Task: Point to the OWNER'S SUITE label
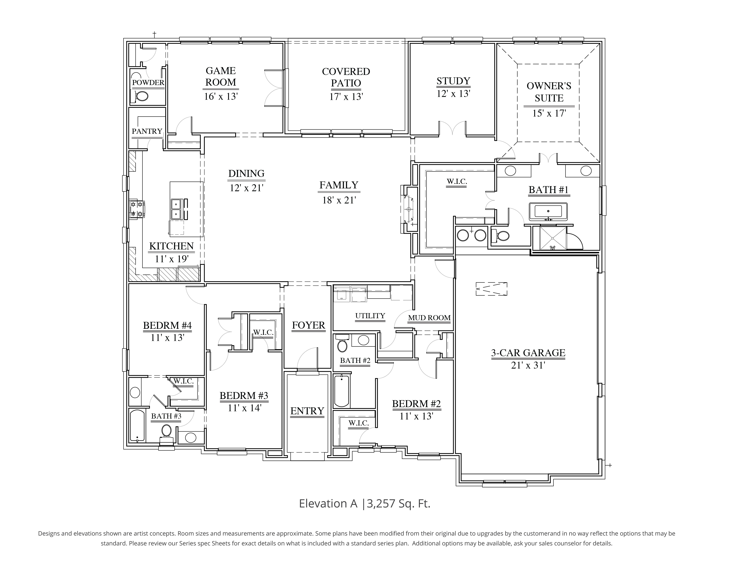click(x=549, y=92)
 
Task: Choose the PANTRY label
click(x=147, y=131)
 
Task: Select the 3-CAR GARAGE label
click(x=528, y=353)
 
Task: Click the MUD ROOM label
click(x=429, y=318)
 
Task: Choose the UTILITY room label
click(x=370, y=316)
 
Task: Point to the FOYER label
click(x=308, y=325)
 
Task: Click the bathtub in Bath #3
click(x=137, y=425)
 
